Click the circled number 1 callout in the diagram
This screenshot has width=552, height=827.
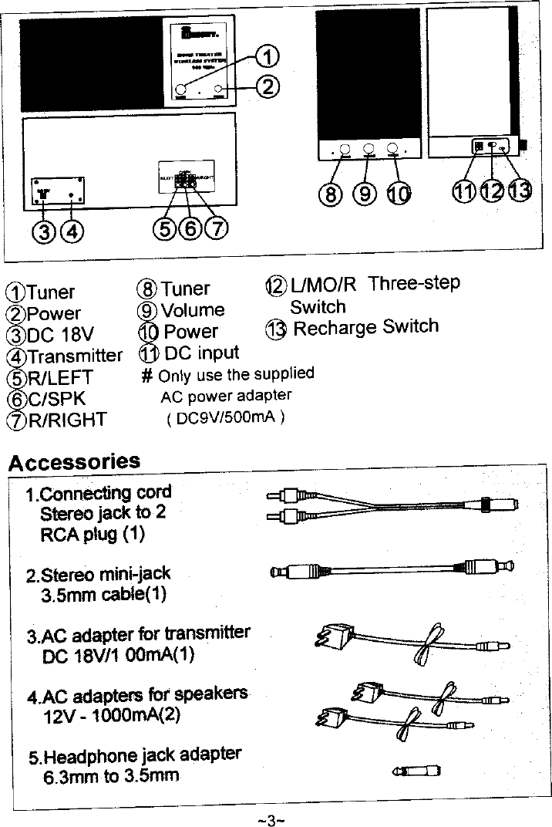click(x=267, y=56)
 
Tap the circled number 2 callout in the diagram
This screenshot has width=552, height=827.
click(x=267, y=86)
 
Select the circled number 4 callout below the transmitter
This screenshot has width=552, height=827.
click(x=72, y=230)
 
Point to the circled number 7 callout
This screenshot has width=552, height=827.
click(x=217, y=228)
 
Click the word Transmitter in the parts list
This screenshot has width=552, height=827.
click(x=75, y=356)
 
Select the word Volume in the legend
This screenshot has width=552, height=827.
click(x=193, y=310)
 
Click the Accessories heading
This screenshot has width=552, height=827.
click(x=74, y=461)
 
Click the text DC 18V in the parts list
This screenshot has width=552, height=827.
click(x=60, y=335)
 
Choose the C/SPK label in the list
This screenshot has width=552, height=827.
click(x=56, y=399)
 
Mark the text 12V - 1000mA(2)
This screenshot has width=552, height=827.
click(x=111, y=714)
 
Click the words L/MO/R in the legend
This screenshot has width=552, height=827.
click(x=324, y=285)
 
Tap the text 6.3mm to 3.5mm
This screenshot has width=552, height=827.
click(x=111, y=775)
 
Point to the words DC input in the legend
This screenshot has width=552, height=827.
click(x=202, y=353)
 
